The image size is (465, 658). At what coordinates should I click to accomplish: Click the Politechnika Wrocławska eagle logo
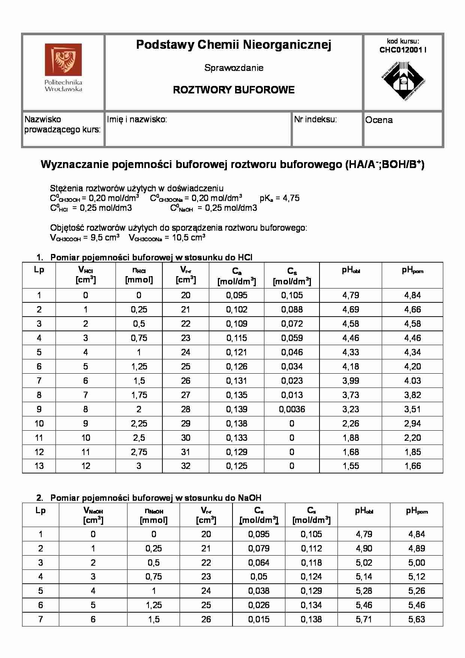63,60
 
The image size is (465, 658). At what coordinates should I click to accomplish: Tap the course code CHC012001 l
403,50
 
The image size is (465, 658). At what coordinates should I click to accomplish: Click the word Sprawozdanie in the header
234,68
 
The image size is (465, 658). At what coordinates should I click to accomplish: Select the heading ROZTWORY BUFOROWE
234,90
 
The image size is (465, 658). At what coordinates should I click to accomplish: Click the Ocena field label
379,120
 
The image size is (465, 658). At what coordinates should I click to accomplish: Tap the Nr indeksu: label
315,120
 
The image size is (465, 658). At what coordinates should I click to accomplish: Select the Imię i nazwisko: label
137,120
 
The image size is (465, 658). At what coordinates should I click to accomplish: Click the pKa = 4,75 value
279,198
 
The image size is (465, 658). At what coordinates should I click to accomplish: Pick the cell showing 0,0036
292,409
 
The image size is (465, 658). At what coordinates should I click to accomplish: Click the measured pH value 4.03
412,381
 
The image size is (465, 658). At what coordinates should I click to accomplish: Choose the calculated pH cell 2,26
351,424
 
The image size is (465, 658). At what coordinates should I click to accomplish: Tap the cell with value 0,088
292,309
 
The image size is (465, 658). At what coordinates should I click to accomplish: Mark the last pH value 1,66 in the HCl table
412,466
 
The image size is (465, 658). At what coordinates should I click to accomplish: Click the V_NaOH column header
93,515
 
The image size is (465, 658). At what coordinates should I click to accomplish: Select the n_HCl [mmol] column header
139,275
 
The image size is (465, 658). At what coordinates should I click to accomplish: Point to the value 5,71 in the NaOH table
364,619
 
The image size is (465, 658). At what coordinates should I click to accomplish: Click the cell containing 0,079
259,548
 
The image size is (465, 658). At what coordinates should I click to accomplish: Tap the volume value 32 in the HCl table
186,466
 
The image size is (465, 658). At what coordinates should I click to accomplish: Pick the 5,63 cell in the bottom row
416,619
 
